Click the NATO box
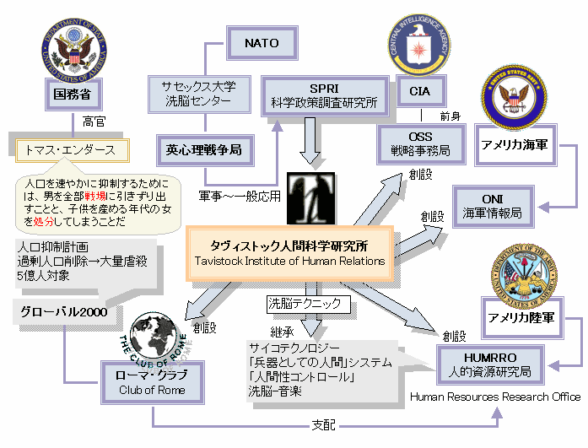click(262, 42)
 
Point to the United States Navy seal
click(514, 98)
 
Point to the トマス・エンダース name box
click(72, 151)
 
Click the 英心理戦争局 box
click(203, 150)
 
